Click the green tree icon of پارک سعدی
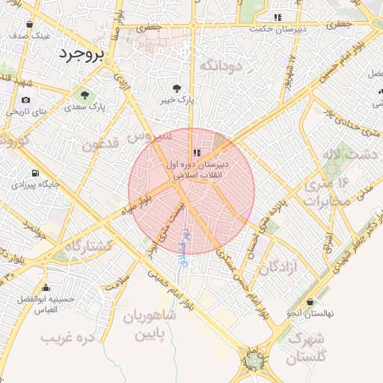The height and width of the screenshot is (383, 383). click(x=84, y=95)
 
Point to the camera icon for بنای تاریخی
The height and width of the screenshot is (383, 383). click(x=26, y=100)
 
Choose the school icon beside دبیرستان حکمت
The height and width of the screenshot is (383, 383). click(x=278, y=16)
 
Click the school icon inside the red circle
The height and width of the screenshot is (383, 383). click(x=197, y=152)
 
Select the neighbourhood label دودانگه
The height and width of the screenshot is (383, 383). click(x=222, y=65)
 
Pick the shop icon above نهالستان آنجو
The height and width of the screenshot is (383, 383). click(x=310, y=301)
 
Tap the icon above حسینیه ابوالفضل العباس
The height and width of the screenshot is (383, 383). click(x=46, y=287)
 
